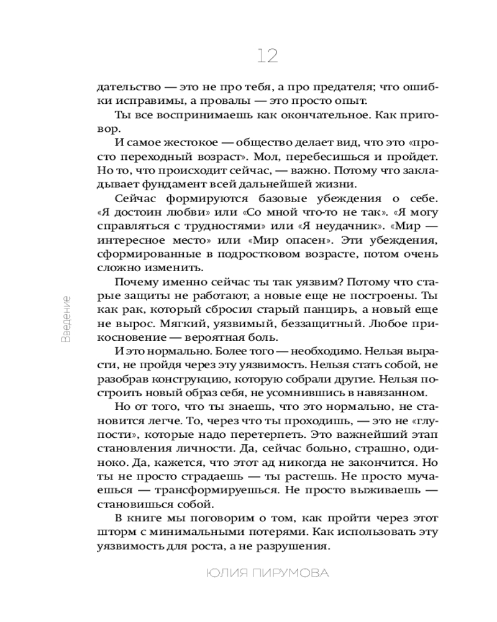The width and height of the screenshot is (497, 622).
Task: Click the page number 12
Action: point(268,57)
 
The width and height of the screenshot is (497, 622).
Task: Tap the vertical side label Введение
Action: point(67,318)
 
